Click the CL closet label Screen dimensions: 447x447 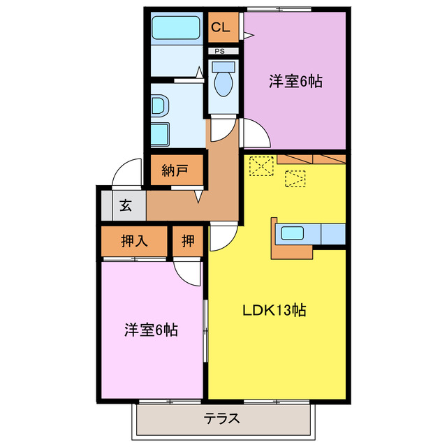[x=221, y=28]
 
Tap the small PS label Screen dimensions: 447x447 [x=220, y=51]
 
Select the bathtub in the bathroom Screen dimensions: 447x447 [x=177, y=29]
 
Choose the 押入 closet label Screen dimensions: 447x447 [x=134, y=242]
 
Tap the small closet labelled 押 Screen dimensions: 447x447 [x=188, y=242]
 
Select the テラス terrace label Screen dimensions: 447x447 [x=222, y=419]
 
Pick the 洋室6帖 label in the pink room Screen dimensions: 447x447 [x=151, y=329]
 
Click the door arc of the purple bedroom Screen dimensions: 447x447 [x=253, y=132]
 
